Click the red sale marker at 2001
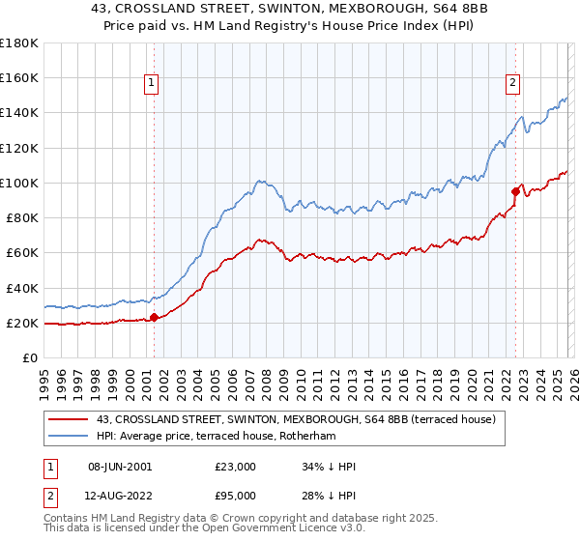(155, 317)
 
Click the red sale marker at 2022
(515, 191)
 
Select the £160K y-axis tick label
(19, 77)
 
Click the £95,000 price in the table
(236, 496)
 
